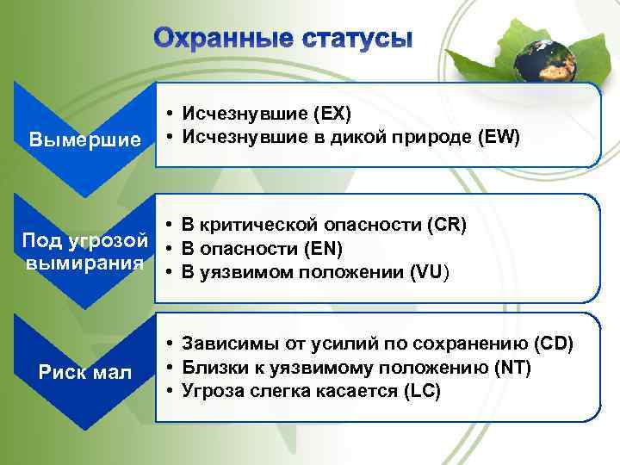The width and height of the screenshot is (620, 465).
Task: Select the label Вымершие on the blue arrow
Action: point(84,139)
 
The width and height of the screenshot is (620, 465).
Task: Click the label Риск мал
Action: point(84,372)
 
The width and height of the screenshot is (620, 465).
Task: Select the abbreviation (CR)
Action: point(446,226)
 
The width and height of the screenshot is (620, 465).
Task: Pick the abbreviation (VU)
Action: point(430,274)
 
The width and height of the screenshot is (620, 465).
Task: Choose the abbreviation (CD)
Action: point(553,344)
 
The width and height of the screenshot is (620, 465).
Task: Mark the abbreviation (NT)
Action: point(514,368)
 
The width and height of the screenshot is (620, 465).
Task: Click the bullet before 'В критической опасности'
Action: point(172,226)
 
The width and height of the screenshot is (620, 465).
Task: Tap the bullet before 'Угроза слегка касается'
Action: point(172,392)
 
